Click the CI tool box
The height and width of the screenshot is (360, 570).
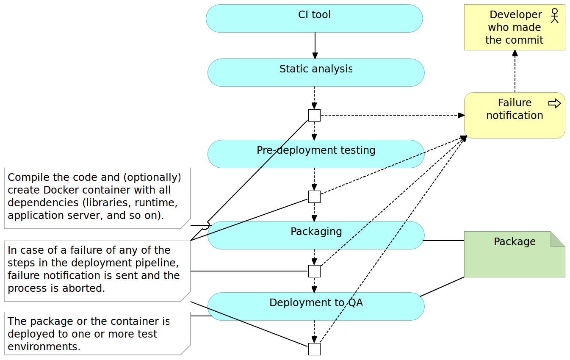pos(314,19)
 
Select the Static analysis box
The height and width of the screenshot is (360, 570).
pos(316,73)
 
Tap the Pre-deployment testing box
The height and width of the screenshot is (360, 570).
pos(316,154)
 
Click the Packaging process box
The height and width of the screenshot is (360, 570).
pos(316,235)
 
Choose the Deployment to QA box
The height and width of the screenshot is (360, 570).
pos(316,307)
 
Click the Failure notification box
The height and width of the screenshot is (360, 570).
pos(514,116)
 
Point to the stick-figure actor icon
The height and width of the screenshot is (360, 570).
pos(555,16)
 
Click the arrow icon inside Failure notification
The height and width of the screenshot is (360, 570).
pos(554,103)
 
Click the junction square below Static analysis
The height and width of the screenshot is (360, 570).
pos(314,115)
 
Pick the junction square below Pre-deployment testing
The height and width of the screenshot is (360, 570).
pos(314,197)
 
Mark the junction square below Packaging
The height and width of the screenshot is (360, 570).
pos(314,271)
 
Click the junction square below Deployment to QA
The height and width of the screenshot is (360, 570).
pos(314,349)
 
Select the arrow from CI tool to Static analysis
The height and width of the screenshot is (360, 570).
pos(315,45)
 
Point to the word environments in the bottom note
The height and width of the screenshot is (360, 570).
pos(43,346)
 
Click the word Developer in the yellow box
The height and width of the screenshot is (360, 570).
pos(515,15)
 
